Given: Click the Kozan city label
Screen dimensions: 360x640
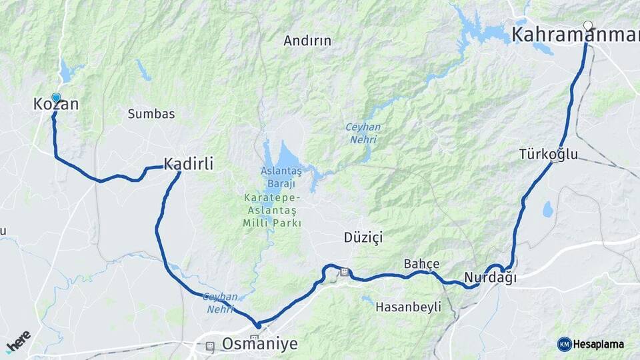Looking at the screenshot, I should [56, 105].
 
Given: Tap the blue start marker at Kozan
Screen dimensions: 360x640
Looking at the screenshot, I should [56, 98].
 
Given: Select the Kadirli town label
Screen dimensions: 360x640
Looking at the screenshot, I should [189, 163].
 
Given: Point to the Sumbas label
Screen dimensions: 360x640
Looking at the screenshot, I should [151, 114].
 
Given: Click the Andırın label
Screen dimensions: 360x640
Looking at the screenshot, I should [307, 41].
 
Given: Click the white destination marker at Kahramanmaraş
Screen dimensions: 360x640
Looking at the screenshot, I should [588, 26].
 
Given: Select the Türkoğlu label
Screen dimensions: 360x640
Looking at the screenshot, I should [549, 155].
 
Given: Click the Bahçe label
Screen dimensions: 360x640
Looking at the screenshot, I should [422, 264].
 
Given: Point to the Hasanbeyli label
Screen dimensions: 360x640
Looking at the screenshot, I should [409, 307].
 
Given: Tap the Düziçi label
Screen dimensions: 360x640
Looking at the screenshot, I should [363, 238].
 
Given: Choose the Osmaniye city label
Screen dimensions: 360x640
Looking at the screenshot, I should [259, 344].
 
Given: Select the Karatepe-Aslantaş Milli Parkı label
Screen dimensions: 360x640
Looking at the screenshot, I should [272, 211].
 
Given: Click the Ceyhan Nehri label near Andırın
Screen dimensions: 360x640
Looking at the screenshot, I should [363, 133].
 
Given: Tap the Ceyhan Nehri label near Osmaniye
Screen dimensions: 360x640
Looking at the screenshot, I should [220, 303].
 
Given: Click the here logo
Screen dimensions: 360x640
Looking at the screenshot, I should [19, 341].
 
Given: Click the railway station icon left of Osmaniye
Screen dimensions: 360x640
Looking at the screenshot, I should [211, 346].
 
